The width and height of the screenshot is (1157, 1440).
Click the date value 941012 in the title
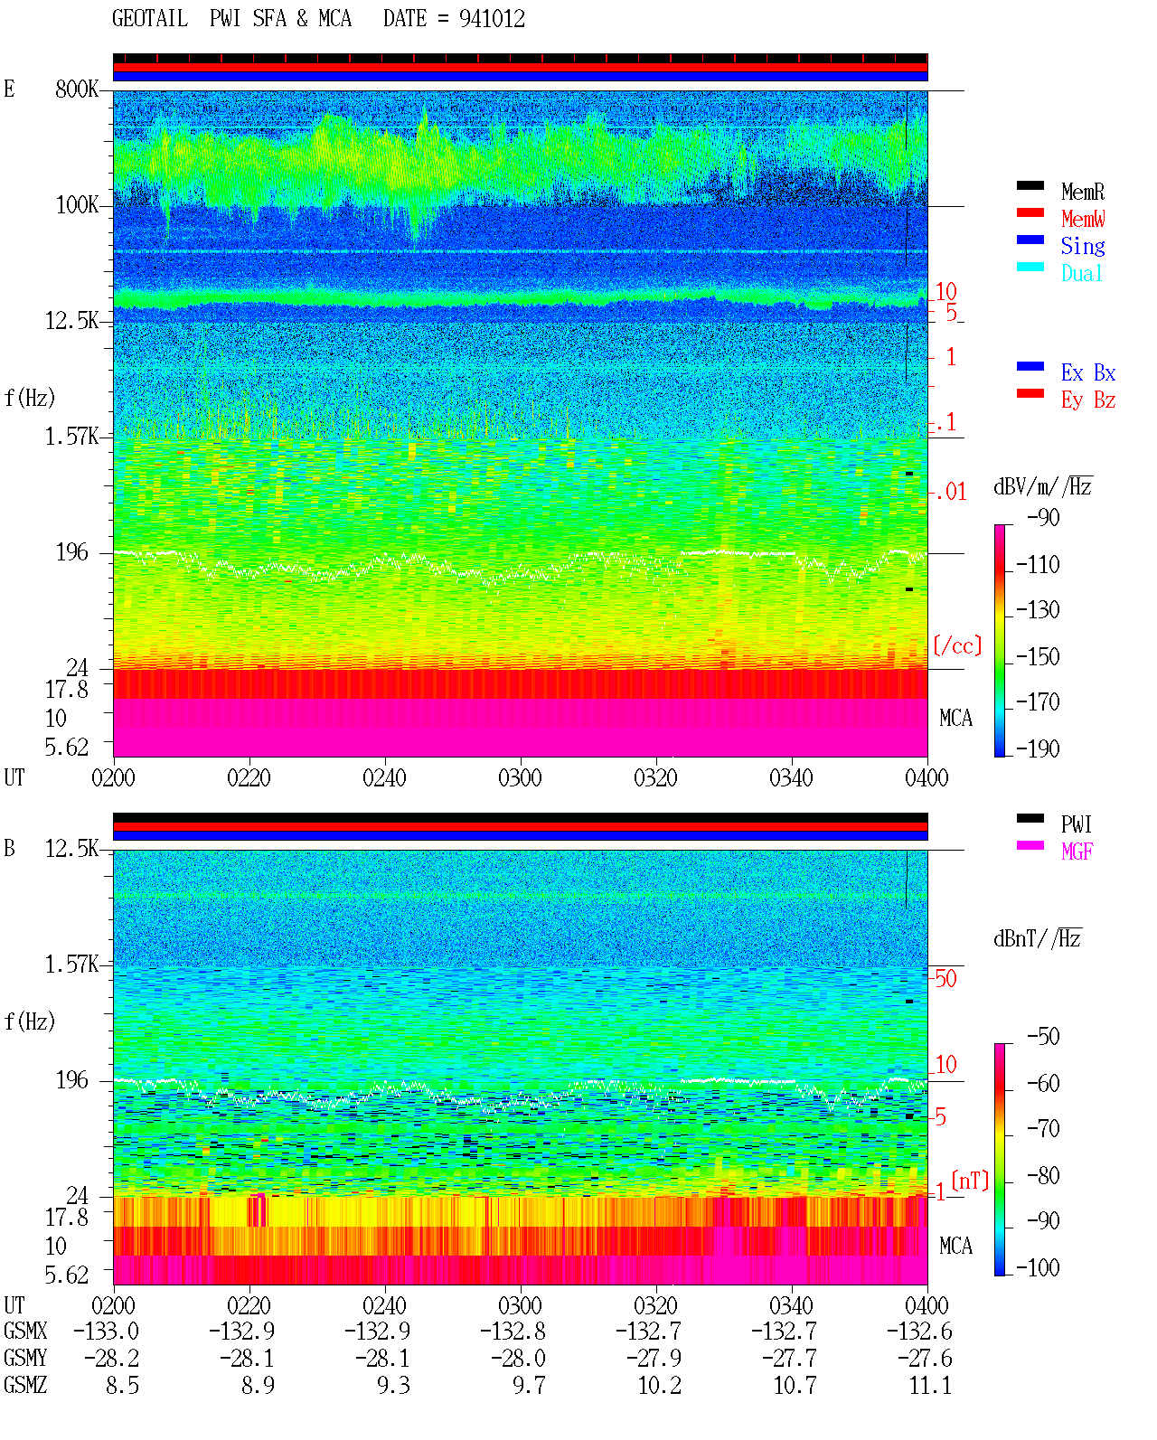492,19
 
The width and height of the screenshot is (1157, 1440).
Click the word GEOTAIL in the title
150,19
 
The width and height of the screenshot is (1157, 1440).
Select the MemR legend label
1082,192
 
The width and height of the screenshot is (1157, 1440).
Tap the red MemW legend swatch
1030,212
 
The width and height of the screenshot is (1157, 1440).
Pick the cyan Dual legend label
1081,273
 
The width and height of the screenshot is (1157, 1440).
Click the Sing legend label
1082,246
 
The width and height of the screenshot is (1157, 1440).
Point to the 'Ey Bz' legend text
1088,400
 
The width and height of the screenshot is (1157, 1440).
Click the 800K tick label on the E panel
77,89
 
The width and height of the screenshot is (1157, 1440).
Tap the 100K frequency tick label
77,205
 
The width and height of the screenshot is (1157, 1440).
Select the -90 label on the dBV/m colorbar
1043,518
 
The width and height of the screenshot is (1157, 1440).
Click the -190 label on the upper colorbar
1038,748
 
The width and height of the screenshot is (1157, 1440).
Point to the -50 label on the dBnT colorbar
1043,1037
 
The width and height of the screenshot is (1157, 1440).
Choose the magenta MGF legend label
1077,852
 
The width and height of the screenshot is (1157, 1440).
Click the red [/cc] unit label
957,645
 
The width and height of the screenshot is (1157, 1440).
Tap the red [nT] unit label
970,1180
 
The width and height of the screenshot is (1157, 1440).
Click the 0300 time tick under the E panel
520,777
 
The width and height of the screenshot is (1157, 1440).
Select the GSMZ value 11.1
930,1385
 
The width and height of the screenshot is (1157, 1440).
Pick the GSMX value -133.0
106,1331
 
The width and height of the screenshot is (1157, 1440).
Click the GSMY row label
25,1358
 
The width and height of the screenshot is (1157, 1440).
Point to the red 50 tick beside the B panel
945,979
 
